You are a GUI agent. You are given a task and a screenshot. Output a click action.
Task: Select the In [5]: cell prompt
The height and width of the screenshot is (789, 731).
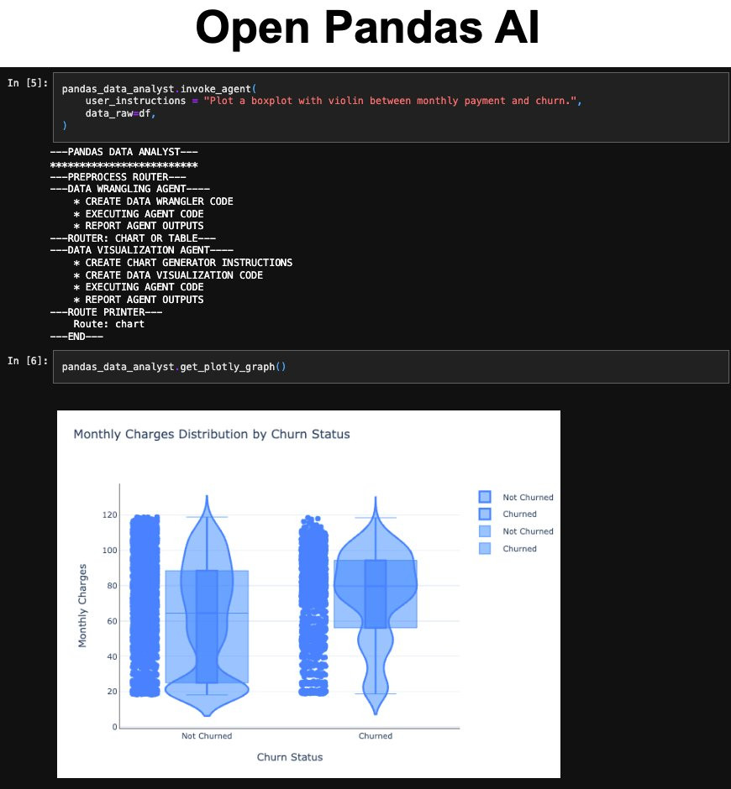tap(28, 82)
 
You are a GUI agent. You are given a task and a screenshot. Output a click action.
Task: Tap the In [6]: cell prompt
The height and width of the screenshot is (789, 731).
tap(28, 360)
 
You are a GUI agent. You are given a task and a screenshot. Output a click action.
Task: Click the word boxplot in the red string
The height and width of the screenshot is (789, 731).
tap(271, 101)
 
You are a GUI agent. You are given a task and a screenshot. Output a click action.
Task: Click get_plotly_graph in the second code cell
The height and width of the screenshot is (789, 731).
tap(228, 366)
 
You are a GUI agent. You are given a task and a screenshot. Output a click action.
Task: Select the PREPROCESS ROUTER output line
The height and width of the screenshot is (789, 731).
tap(118, 176)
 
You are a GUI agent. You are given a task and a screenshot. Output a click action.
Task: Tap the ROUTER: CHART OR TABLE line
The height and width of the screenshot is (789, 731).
tap(133, 238)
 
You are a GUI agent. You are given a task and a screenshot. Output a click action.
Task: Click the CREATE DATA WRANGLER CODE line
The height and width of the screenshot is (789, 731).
tap(153, 201)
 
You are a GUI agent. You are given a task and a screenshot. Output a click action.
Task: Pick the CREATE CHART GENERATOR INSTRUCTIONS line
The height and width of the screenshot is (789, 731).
tap(183, 263)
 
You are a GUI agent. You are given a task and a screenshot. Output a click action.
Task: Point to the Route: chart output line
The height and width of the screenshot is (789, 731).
tap(109, 324)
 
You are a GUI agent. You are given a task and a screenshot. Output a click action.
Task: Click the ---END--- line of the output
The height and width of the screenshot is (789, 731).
tap(76, 336)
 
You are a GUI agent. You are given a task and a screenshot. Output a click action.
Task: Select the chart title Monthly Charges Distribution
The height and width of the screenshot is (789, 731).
tap(212, 434)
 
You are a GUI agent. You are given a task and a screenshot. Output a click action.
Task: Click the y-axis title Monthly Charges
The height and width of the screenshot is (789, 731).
tap(82, 605)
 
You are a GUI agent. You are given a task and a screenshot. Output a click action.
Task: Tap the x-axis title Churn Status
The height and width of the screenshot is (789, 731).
tap(290, 757)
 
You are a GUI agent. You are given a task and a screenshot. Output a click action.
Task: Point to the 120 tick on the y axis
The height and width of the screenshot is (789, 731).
tap(110, 515)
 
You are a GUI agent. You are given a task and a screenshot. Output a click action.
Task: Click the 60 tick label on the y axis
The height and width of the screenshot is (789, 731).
tap(112, 621)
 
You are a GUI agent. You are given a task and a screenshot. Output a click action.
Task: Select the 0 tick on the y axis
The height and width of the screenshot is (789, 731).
tap(115, 727)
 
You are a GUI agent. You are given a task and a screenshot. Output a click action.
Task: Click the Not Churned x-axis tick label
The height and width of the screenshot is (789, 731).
tap(207, 735)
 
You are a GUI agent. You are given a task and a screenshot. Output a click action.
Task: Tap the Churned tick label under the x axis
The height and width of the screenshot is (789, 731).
tap(376, 735)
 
